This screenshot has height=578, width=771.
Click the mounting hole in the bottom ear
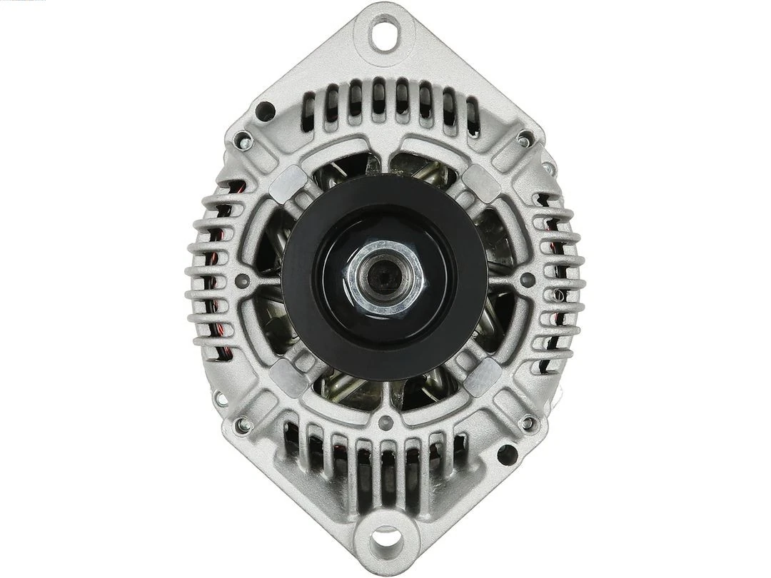(386, 536)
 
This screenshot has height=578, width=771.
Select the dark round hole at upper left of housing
(266, 111)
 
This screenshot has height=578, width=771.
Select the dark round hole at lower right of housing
(507, 454)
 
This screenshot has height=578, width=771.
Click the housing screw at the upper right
(526, 137)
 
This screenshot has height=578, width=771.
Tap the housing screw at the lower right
(528, 423)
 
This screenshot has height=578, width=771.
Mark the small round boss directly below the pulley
(386, 421)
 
